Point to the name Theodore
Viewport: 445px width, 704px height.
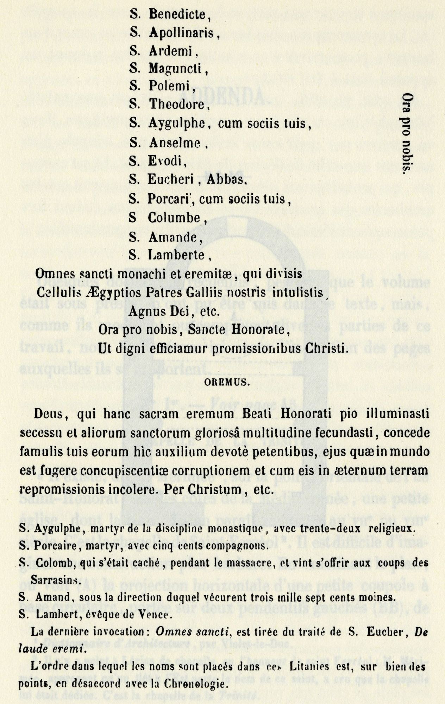tap(177, 104)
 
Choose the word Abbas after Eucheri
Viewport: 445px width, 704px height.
tap(227, 180)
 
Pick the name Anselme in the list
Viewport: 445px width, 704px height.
tap(174, 143)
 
